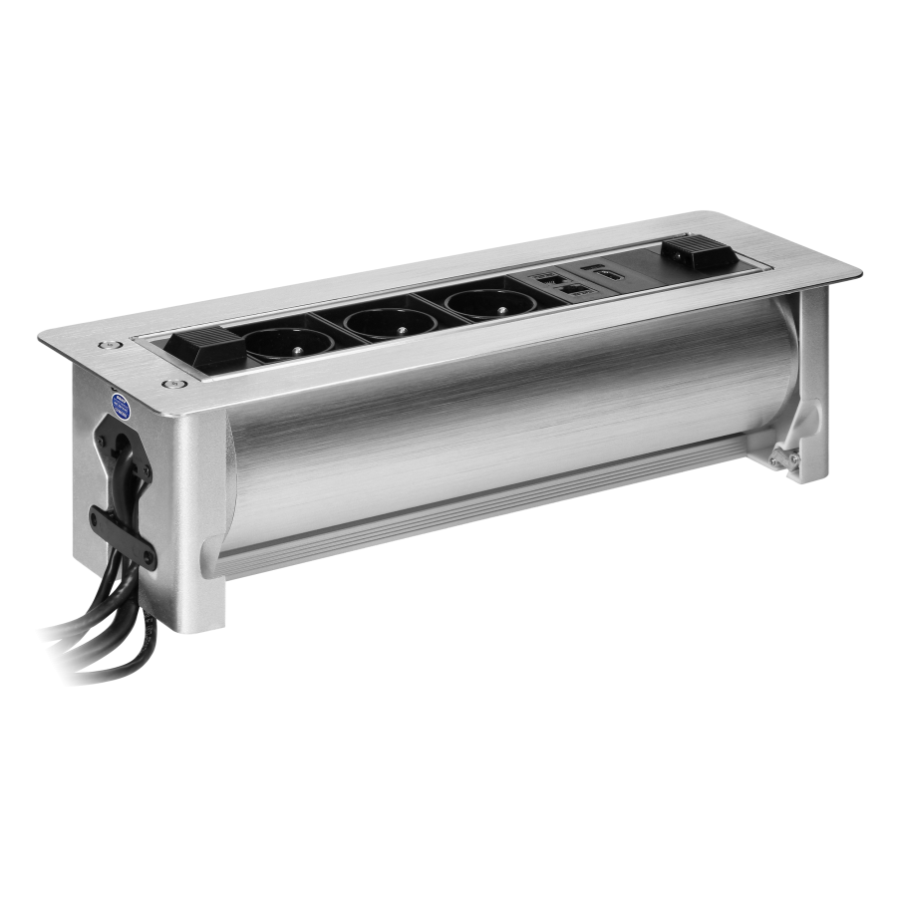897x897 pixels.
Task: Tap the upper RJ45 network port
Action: click(x=549, y=280)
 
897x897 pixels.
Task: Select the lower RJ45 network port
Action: click(x=574, y=289)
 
